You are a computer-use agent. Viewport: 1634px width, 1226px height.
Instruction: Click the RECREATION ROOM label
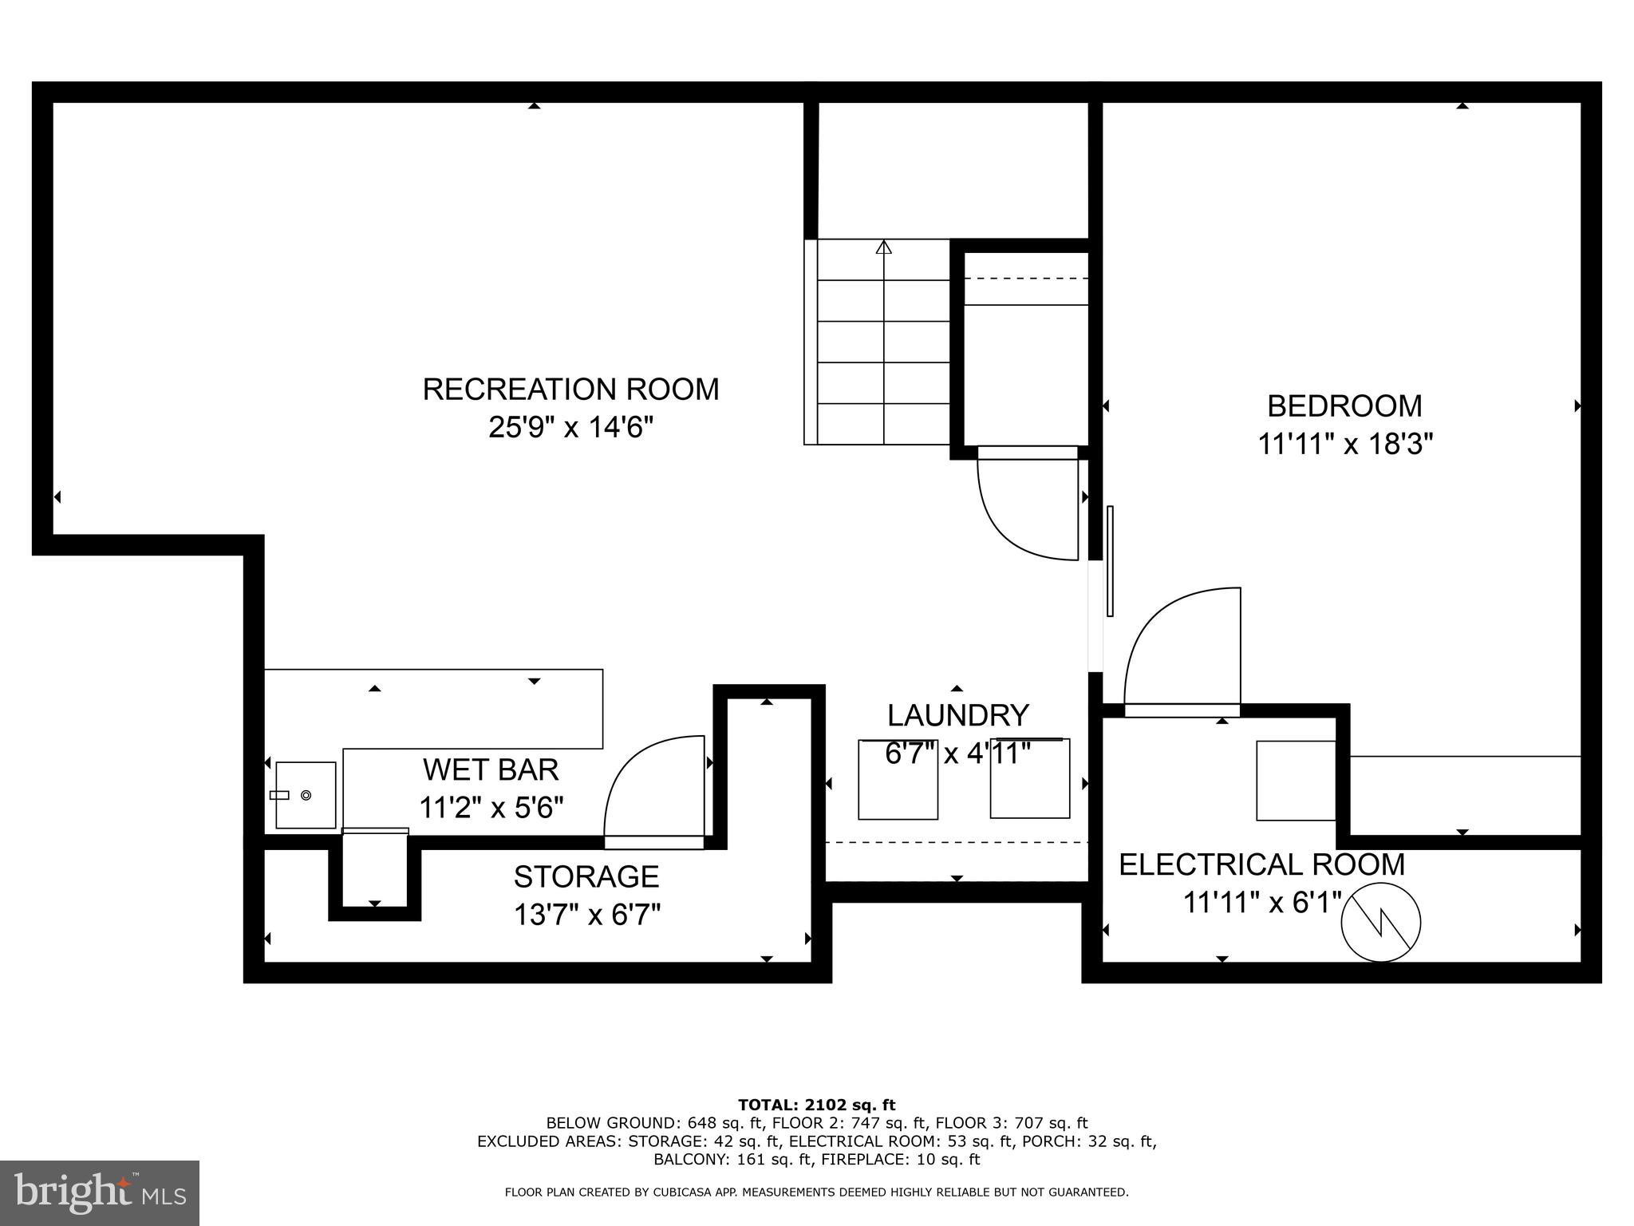point(570,390)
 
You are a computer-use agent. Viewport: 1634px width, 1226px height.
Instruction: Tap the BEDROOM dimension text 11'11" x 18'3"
point(1345,444)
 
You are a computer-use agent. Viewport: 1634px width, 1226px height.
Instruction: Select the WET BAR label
point(491,769)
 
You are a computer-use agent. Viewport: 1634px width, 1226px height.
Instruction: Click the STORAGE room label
point(586,876)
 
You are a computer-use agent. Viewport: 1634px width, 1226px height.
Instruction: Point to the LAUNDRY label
point(957,715)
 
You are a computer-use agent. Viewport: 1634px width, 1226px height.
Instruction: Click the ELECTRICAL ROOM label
point(1261,864)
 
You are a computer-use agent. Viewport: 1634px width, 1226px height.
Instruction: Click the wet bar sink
point(306,795)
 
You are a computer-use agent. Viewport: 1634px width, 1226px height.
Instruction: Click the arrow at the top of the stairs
point(883,248)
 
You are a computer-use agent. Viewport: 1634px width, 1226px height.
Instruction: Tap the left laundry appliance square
point(898,781)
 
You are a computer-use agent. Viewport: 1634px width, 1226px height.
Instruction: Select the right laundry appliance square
point(1030,780)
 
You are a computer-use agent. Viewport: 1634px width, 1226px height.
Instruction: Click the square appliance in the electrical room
point(1296,781)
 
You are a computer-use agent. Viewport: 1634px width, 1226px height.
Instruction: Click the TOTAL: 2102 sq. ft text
point(816,1105)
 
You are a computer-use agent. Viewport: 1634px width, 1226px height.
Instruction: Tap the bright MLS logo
point(100,1193)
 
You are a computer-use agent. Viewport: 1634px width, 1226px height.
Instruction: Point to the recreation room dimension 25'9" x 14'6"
point(570,428)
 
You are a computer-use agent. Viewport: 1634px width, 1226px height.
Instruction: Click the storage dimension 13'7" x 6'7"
point(586,915)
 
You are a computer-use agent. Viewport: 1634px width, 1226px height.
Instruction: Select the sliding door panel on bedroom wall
point(1110,561)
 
